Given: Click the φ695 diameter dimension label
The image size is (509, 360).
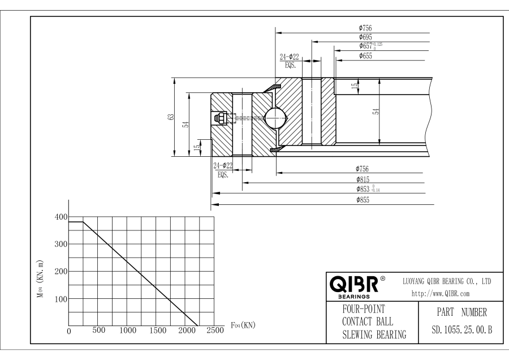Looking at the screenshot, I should point(365,36).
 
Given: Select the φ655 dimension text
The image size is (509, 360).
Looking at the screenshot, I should point(365,55).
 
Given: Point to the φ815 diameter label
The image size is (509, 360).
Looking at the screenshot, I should point(363,179).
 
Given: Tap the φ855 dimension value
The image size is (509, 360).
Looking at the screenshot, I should point(363,200).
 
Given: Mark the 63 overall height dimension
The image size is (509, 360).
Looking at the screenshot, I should point(170,117).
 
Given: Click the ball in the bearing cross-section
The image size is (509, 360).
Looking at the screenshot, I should point(275,118).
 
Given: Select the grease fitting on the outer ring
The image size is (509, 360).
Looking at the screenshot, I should point(220,118).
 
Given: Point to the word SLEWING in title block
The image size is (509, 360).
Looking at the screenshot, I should point(357,335).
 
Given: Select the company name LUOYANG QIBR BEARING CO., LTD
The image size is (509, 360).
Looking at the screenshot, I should point(446,281).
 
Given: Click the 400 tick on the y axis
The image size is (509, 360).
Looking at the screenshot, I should point(60,217).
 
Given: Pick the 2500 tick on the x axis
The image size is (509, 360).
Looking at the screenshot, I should point(214,331).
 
